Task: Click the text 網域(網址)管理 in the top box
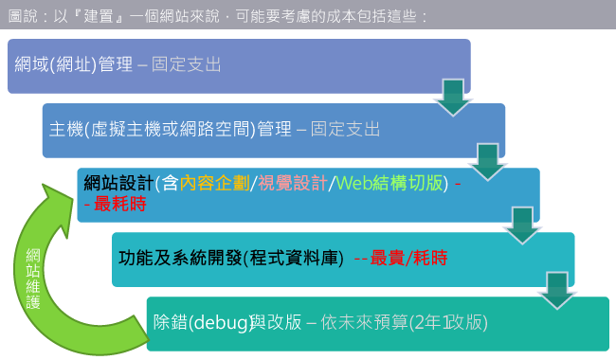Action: (x=74, y=65)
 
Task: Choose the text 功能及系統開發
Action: (x=177, y=257)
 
